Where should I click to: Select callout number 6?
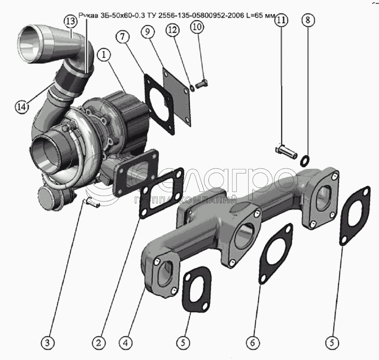pyautogui.click(x=252, y=343)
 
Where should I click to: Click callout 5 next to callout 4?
pyautogui.click(x=183, y=343)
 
